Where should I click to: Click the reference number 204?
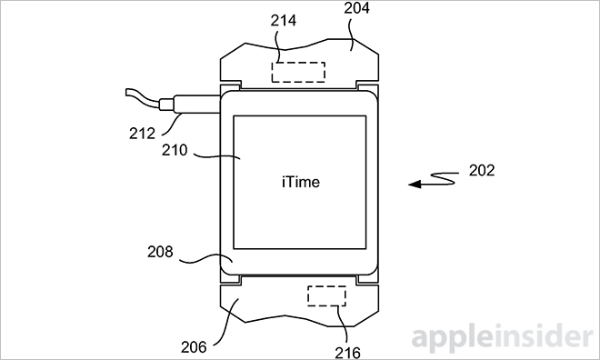tap(356, 8)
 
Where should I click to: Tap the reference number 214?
tap(283, 20)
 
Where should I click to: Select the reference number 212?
tap(142, 133)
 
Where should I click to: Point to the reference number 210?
tap(175, 150)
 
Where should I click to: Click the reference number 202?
tap(482, 170)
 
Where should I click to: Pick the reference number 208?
tap(160, 252)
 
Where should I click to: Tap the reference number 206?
tap(194, 347)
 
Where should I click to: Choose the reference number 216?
tap(347, 353)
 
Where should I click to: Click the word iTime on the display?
tap(301, 182)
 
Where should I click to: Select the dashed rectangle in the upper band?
tap(298, 73)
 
